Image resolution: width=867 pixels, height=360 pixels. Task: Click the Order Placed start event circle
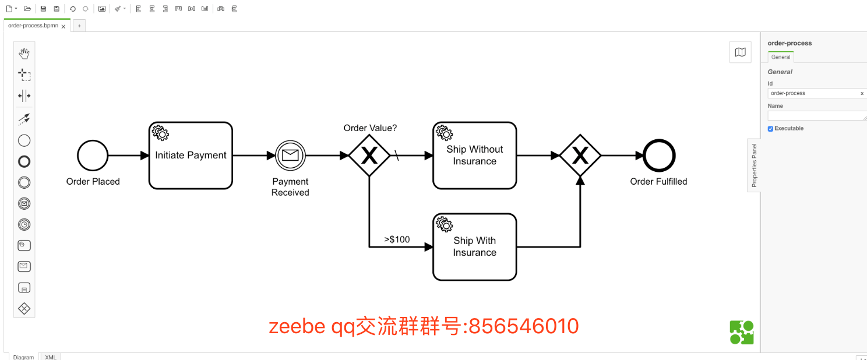pyautogui.click(x=93, y=156)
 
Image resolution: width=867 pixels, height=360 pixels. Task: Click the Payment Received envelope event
pyautogui.click(x=290, y=156)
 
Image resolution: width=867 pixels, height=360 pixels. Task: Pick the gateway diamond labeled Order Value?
pyautogui.click(x=369, y=156)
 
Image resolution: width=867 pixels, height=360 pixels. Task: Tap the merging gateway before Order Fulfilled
pyautogui.click(x=580, y=156)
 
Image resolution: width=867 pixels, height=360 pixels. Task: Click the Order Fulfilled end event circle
pyautogui.click(x=659, y=156)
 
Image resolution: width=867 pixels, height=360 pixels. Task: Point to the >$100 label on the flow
pyautogui.click(x=397, y=239)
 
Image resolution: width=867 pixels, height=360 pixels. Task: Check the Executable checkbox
pyautogui.click(x=770, y=129)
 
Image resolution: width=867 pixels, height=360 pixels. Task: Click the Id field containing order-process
pyautogui.click(x=813, y=93)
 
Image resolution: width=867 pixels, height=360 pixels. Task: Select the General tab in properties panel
pyautogui.click(x=781, y=57)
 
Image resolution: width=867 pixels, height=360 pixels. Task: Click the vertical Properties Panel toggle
pyautogui.click(x=754, y=165)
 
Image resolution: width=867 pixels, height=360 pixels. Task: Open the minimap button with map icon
pyautogui.click(x=740, y=52)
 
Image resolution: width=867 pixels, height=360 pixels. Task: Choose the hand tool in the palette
pyautogui.click(x=24, y=54)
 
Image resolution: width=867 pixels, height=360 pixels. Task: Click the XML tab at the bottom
pyautogui.click(x=51, y=357)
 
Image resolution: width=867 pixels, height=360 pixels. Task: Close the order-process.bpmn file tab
pyautogui.click(x=64, y=26)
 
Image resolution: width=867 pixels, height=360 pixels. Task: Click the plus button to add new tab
pyautogui.click(x=79, y=26)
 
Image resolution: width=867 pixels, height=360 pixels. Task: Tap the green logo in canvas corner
pyautogui.click(x=742, y=333)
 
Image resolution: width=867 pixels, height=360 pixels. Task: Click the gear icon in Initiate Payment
pyautogui.click(x=160, y=133)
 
